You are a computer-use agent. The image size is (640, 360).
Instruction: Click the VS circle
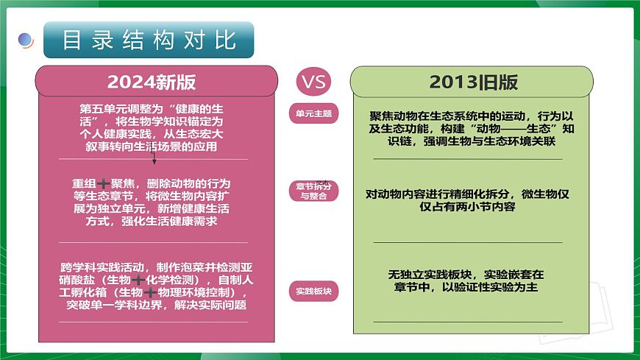pyautogui.click(x=313, y=81)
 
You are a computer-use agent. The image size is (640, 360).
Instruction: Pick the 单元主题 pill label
pyautogui.click(x=313, y=114)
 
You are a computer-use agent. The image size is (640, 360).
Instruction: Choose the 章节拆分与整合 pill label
pyautogui.click(x=313, y=191)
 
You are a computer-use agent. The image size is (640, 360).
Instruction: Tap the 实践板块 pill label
pyautogui.click(x=313, y=291)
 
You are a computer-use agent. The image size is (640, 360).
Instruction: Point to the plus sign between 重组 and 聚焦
pyautogui.click(x=104, y=183)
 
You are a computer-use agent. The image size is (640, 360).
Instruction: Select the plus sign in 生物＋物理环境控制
pyautogui.click(x=147, y=292)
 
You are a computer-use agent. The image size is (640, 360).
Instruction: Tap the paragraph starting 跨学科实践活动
pyautogui.click(x=157, y=286)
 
